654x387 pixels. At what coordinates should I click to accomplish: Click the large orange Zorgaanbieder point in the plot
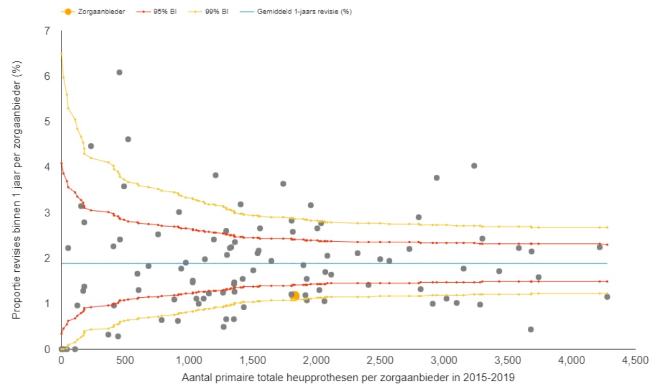pos(295,296)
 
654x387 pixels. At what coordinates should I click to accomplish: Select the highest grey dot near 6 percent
pos(119,72)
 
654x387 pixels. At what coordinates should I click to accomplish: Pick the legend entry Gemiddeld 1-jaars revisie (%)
pos(304,11)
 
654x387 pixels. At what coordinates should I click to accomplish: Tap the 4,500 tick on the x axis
pos(636,360)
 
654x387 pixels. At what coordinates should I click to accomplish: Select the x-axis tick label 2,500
pos(381,360)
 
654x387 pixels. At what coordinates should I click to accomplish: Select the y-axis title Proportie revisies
pos(17,190)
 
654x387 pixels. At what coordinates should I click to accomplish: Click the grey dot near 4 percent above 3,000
pos(474,165)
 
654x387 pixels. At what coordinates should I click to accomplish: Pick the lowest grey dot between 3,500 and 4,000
pos(530,329)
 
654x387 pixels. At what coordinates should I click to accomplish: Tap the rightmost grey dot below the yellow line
pos(607,297)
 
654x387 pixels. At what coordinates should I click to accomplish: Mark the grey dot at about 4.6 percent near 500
pos(128,139)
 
